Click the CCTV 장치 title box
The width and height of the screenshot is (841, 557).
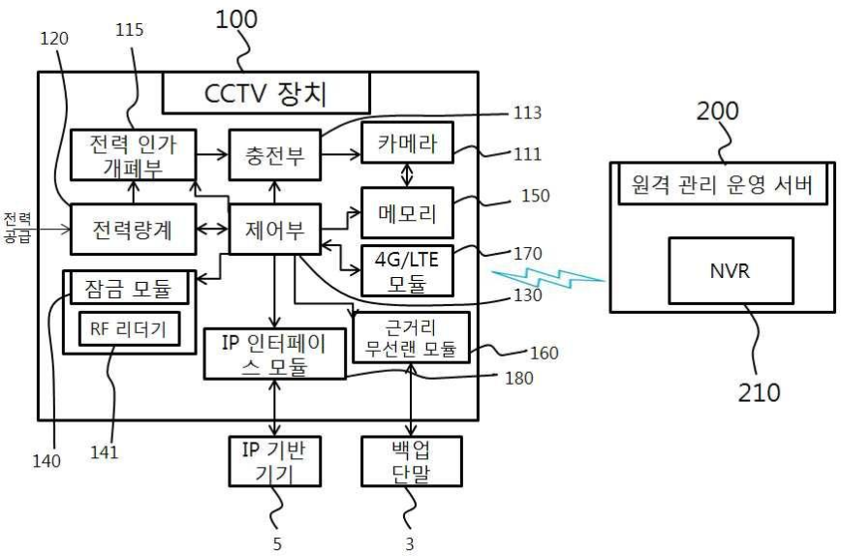click(x=266, y=95)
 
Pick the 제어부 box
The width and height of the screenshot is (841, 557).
click(x=272, y=231)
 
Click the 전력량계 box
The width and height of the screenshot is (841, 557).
click(x=134, y=231)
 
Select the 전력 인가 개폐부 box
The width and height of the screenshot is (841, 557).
click(x=134, y=153)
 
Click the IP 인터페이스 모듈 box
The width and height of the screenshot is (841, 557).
click(x=274, y=354)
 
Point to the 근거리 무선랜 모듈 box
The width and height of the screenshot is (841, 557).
click(x=412, y=337)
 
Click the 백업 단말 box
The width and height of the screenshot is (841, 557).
click(x=411, y=461)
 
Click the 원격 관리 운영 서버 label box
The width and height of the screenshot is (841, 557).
click(x=723, y=185)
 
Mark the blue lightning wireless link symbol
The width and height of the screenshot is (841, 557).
click(x=546, y=278)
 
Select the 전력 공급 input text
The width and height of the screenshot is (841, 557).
click(x=17, y=229)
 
